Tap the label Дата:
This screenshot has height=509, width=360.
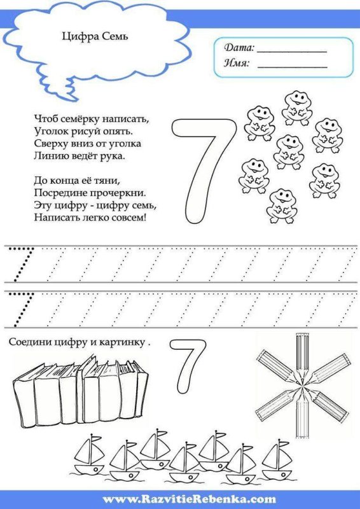coord(239,48)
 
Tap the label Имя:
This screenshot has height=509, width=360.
coord(237,63)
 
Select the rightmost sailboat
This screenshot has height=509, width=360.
coord(276,459)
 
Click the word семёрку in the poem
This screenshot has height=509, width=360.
coord(75,118)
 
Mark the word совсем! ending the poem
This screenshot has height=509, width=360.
coord(127,218)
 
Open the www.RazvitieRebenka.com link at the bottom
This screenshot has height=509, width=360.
coord(180,500)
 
